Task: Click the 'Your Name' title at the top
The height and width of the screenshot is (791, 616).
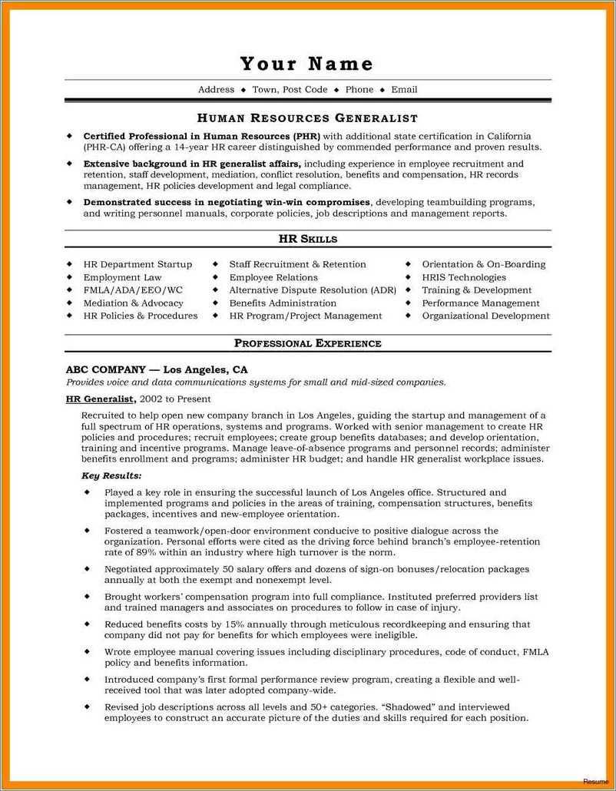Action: (x=306, y=63)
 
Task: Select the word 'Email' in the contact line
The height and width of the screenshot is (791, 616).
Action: (x=404, y=90)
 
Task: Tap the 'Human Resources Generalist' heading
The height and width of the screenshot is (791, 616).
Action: (x=307, y=118)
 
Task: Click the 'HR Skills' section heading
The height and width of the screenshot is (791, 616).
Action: (x=307, y=239)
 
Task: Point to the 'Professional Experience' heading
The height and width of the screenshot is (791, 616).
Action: (x=307, y=343)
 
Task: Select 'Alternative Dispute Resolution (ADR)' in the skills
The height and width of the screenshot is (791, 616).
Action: (x=313, y=290)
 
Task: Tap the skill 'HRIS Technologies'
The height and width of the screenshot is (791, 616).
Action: (x=464, y=277)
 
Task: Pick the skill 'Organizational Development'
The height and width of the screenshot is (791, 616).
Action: (x=485, y=316)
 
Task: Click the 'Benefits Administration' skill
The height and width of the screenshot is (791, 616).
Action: (x=283, y=303)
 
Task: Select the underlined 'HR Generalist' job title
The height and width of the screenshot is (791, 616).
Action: (x=101, y=399)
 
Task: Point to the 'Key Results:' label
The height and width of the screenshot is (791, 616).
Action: (x=111, y=476)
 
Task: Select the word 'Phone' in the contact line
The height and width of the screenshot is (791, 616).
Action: (x=359, y=90)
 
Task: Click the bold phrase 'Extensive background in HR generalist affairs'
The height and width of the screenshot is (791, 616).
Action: (x=192, y=164)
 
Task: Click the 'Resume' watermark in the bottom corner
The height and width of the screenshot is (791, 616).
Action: (x=594, y=781)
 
